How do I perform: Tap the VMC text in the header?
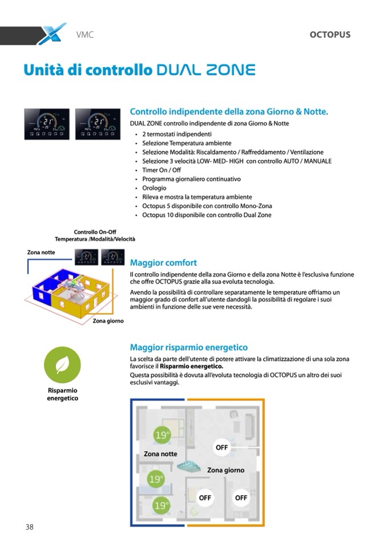coord(84,35)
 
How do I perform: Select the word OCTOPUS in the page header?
coord(330,35)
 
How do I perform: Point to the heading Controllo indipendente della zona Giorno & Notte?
coord(229,112)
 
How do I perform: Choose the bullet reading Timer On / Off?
coord(162,170)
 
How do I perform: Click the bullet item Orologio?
coord(154,188)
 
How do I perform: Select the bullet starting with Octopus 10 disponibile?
coord(207,215)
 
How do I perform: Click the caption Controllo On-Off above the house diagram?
coord(95,232)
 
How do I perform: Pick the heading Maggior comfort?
coord(163,263)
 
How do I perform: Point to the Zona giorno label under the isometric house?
coord(108,321)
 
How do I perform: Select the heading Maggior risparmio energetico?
coord(189,347)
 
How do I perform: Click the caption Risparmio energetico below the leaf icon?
coord(62,394)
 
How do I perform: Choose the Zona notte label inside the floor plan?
coord(160,454)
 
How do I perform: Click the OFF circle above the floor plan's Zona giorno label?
coord(221,448)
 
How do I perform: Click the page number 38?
coord(29,527)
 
